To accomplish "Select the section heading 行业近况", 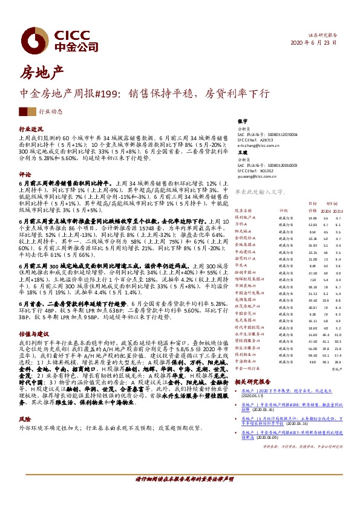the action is coord(31,129).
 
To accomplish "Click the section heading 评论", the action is coord(25,173).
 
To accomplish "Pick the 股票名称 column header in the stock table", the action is coord(243,210).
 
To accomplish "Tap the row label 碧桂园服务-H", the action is coord(247,342).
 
